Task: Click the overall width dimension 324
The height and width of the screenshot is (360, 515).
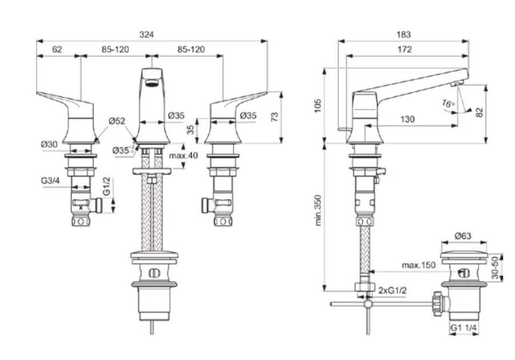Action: pyautogui.click(x=147, y=35)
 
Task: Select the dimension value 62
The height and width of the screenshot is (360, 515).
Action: pyautogui.click(x=57, y=50)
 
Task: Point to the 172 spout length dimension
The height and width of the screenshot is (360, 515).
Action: pyautogui.click(x=404, y=50)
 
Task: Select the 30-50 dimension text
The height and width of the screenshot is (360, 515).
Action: pyautogui.click(x=496, y=267)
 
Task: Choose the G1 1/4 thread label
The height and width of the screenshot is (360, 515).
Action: pyautogui.click(x=464, y=329)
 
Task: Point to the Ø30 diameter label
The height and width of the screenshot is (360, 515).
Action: pyautogui.click(x=49, y=145)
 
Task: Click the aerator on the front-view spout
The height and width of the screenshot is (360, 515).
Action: pyautogui.click(x=152, y=83)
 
